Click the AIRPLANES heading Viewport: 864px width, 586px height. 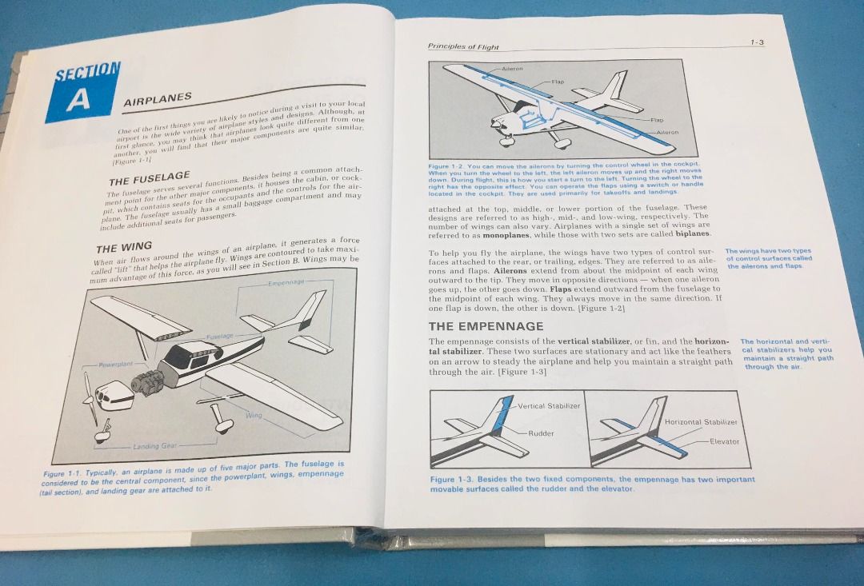(158, 98)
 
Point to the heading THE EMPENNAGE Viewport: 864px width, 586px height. (486, 326)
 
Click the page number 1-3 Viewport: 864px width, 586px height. (756, 42)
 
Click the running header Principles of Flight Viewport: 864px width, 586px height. (463, 47)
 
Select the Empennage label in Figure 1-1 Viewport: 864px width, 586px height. (286, 282)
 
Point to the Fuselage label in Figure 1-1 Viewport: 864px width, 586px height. (219, 337)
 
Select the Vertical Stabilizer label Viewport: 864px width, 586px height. (549, 406)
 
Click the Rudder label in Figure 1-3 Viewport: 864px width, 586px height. (541, 433)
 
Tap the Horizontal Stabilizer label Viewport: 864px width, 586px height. (701, 422)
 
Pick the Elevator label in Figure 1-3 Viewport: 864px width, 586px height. (724, 441)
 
